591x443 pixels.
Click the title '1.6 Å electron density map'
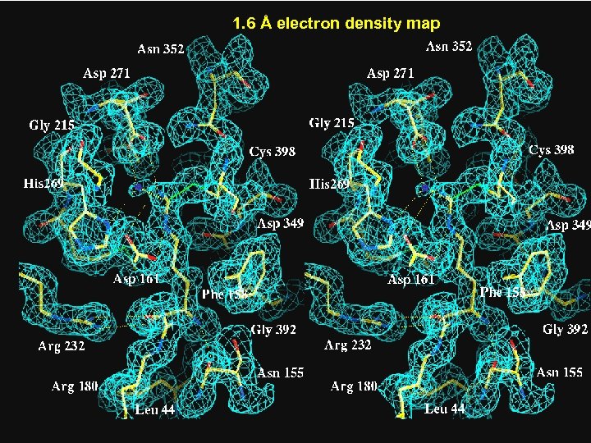pyautogui.click(x=336, y=24)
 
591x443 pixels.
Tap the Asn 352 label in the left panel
pyautogui.click(x=160, y=50)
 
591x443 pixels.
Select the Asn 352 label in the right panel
pyautogui.click(x=448, y=46)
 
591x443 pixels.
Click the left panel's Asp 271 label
pyautogui.click(x=106, y=73)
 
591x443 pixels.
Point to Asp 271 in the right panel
pyautogui.click(x=390, y=73)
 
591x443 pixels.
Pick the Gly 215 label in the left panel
pyautogui.click(x=52, y=126)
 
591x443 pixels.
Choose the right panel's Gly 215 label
pyautogui.click(x=332, y=123)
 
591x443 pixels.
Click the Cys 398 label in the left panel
pyautogui.click(x=273, y=152)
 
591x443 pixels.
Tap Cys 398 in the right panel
pyautogui.click(x=552, y=150)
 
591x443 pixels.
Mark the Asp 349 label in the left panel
pyautogui.click(x=281, y=223)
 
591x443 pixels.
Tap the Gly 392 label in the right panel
pyautogui.click(x=565, y=330)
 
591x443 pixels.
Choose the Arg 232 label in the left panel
pyautogui.click(x=62, y=346)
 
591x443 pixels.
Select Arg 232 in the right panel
pyautogui.click(x=348, y=345)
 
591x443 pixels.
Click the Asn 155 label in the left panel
pyautogui.click(x=280, y=372)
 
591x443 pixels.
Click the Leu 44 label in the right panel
pyautogui.click(x=445, y=408)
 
